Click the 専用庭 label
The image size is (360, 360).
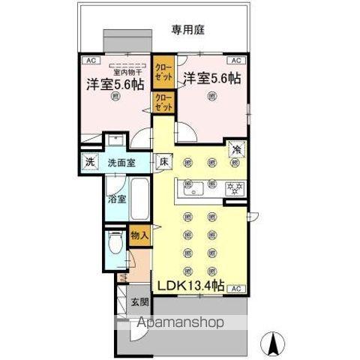pos(188,31)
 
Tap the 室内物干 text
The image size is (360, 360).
pos(115,72)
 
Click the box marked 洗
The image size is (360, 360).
pos(90,162)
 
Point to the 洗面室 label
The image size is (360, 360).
pos(121,162)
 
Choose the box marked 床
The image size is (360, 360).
pos(163,161)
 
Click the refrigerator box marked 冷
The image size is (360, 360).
pos(237,150)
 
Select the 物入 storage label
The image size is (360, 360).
pos(139,235)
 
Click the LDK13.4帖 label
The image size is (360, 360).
pos(190,286)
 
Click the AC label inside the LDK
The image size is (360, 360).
pos(235,289)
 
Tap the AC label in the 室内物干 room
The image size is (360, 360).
pos(90,59)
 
